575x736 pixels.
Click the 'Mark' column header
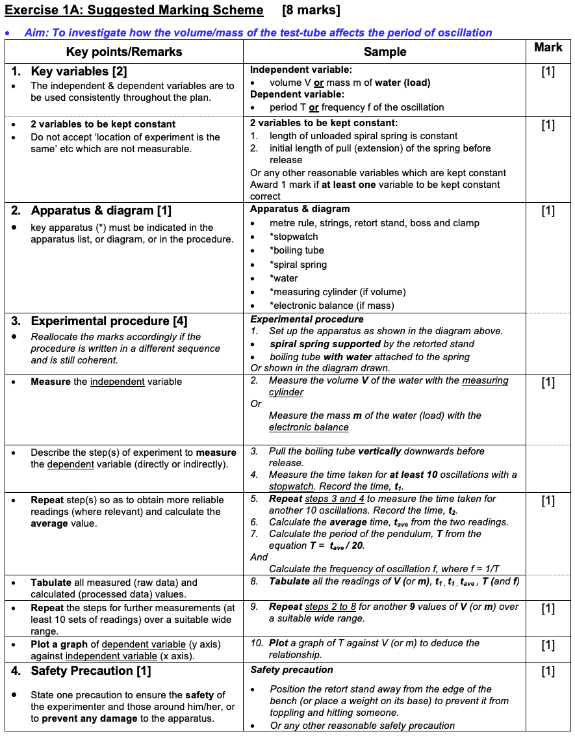click(548, 47)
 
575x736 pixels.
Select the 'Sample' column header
click(385, 52)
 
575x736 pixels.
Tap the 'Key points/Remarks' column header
click(124, 52)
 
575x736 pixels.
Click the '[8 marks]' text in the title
click(311, 10)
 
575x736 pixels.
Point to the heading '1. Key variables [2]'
click(70, 72)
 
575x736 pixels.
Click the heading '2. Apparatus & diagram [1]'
click(92, 211)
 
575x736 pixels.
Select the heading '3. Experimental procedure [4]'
click(100, 321)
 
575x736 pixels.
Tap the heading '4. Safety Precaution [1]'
click(82, 671)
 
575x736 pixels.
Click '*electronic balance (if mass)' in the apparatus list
click(331, 306)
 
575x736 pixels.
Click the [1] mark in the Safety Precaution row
click(548, 671)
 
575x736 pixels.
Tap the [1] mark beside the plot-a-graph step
click(548, 644)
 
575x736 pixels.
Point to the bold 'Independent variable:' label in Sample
click(301, 70)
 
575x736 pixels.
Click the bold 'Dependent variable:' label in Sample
click(296, 94)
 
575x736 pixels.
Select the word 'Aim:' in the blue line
click(36, 33)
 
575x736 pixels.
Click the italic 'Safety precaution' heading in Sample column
click(292, 670)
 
